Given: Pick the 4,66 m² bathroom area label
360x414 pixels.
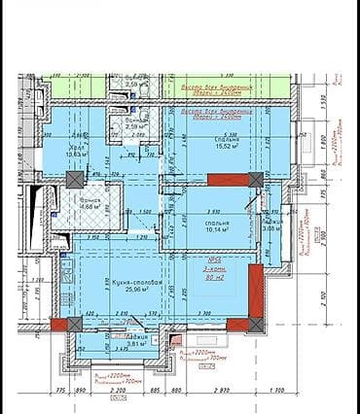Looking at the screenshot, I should tap(87, 207).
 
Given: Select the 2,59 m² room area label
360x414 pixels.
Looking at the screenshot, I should tap(136, 125).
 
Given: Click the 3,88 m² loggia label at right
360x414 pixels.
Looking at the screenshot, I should tap(271, 230).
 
